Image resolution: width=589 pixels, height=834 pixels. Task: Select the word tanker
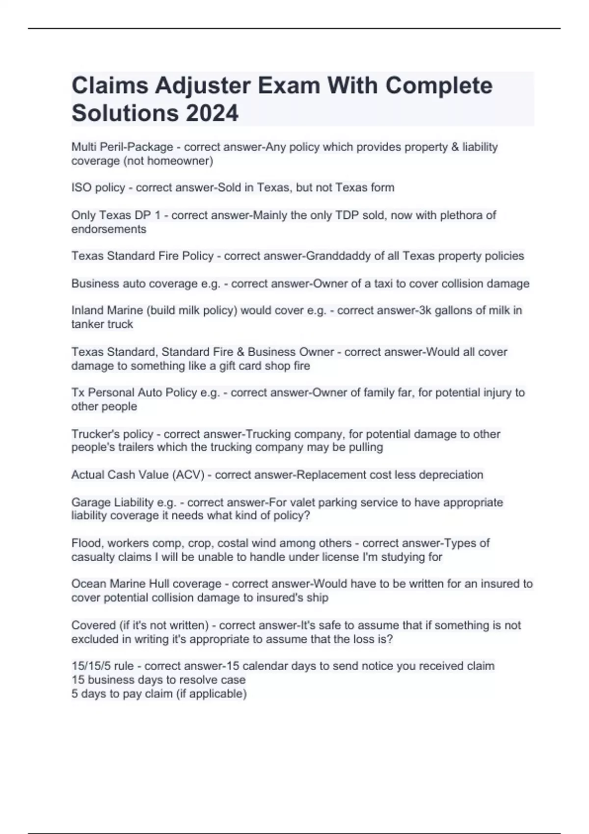(87, 324)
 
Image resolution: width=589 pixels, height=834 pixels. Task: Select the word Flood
(86, 543)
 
